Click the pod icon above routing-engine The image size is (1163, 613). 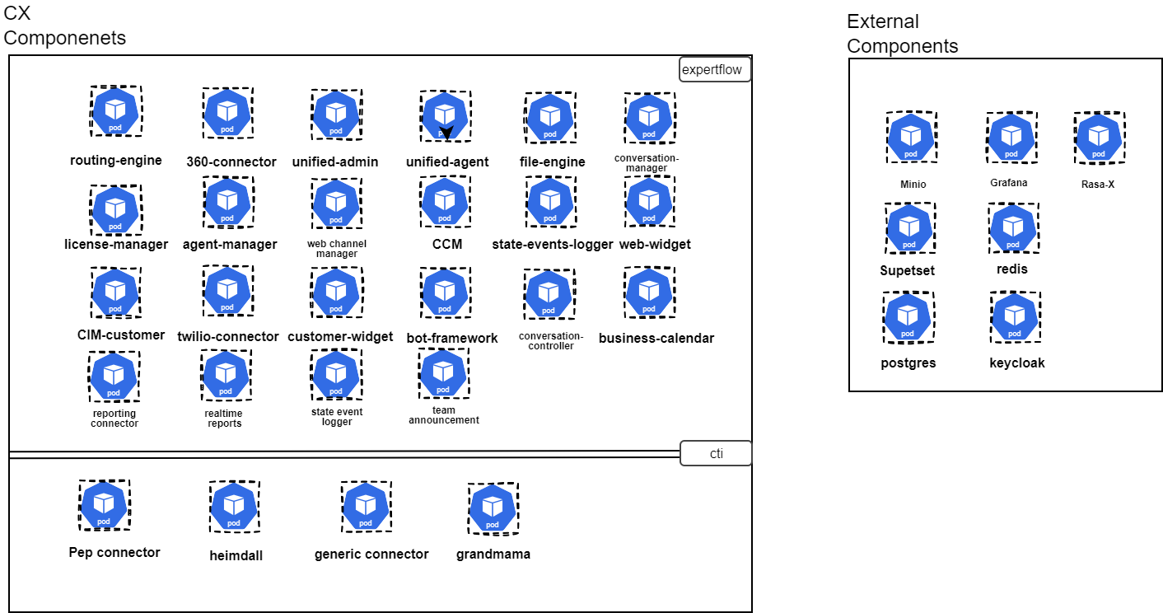pos(115,111)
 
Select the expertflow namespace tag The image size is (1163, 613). pos(715,70)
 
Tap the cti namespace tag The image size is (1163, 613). pos(716,453)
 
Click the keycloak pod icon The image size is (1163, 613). pos(1016,317)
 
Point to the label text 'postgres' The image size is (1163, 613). pos(908,363)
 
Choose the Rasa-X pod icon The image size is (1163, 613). pos(1099,138)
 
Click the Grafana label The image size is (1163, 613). pos(1009,183)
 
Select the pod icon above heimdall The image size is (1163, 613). pos(234,507)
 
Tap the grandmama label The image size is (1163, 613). pos(493,554)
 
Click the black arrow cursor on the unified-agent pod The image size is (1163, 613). pos(446,133)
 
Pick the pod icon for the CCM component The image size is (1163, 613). pos(445,202)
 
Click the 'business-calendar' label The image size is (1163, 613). pos(656,338)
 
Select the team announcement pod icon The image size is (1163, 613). pos(443,373)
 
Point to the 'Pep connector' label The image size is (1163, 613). pos(114,552)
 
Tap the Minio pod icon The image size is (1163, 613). pos(911,138)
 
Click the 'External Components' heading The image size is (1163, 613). pos(902,34)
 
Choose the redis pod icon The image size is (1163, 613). pos(1013,228)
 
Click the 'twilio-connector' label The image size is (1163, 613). pos(228,336)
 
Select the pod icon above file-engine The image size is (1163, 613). pos(550,118)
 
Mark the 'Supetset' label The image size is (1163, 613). pos(908,270)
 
